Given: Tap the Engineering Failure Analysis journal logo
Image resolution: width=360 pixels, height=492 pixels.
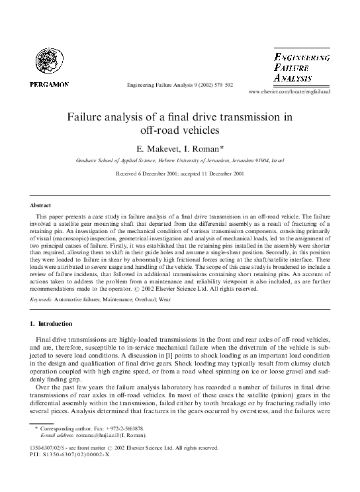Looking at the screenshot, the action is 302,68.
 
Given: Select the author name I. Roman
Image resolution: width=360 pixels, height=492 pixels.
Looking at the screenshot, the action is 206,149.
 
